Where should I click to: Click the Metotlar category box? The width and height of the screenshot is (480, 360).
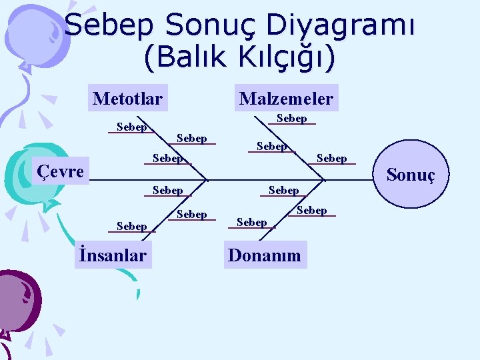127,99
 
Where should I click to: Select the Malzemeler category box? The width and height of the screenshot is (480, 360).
286,99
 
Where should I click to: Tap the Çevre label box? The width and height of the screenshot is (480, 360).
60,171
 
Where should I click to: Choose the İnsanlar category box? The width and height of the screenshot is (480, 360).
113,255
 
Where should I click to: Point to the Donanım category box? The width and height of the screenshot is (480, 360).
265,255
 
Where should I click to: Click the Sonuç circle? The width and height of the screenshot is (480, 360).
410,175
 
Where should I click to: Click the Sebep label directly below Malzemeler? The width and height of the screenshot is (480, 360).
291,119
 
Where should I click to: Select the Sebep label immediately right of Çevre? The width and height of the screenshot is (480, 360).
167,159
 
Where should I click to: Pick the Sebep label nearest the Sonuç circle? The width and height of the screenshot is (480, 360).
331,159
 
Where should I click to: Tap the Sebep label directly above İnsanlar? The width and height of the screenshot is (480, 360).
131,227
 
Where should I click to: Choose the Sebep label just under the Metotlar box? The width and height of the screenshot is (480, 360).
131,127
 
